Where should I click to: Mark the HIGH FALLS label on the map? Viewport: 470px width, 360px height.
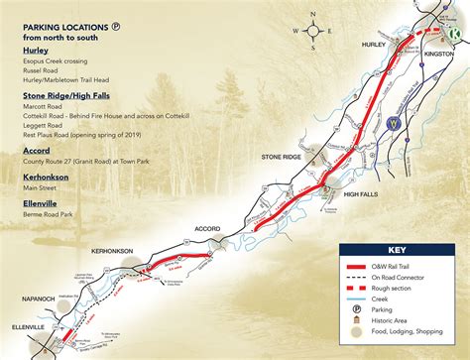point(364,195)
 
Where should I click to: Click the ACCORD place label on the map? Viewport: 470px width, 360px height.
point(207,228)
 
